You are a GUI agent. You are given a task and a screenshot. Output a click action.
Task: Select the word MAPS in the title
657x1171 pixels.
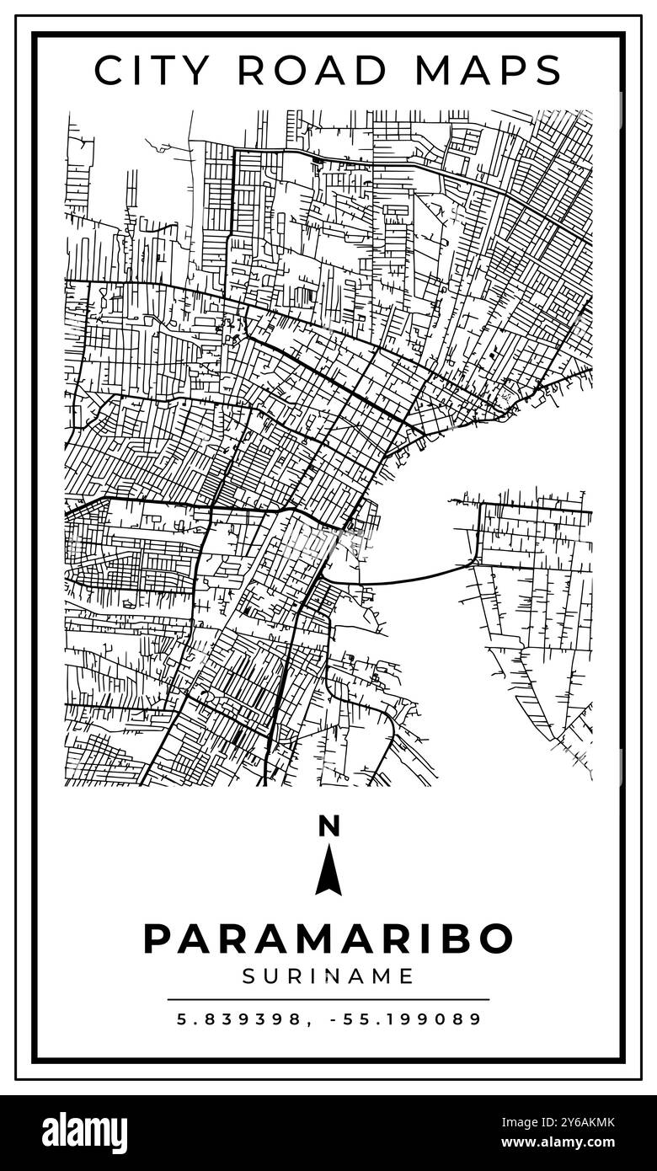coord(490,70)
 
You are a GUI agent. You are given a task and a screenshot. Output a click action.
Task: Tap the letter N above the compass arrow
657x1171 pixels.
coord(328,826)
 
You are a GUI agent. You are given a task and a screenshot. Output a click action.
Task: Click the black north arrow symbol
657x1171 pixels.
coord(328,870)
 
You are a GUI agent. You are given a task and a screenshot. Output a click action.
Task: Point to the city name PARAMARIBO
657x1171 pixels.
coord(328,938)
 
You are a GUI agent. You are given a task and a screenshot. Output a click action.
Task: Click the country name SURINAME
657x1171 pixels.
coord(328,976)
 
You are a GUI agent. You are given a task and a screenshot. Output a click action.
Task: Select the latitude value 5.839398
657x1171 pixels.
coord(238,1019)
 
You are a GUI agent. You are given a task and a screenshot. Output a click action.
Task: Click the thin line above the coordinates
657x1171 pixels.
coord(328,999)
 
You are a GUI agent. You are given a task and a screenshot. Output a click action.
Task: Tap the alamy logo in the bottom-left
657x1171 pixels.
coord(84,1132)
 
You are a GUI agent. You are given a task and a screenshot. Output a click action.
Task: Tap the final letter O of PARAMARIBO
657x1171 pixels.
coord(497,938)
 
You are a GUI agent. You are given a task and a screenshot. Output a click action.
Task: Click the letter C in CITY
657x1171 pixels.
coord(109,70)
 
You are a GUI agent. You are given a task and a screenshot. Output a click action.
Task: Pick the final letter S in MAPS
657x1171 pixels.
coord(549,70)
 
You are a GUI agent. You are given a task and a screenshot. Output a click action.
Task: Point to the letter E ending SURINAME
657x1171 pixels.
coord(409,976)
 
